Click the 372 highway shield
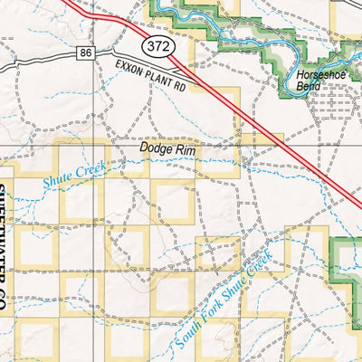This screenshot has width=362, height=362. pos(155,46)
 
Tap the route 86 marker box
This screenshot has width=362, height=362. pos(85,54)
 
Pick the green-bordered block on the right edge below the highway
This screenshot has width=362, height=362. pos(349,262)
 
